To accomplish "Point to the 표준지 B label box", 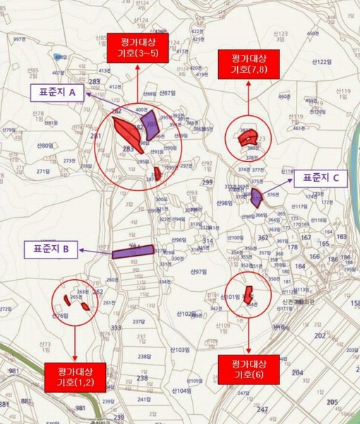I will tap(52, 249).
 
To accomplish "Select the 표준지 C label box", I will tap(320, 179).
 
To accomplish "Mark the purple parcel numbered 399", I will tap(151, 125).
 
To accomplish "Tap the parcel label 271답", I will tap(44, 171).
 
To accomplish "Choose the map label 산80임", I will tap(44, 146).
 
